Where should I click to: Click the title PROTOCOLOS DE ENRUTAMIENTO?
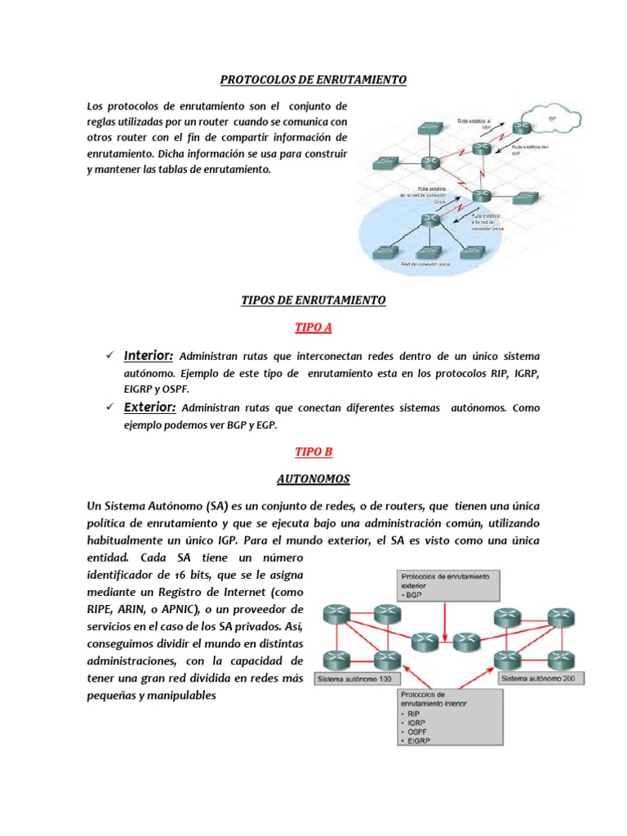(313, 80)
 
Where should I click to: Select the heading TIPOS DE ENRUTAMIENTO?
(313, 300)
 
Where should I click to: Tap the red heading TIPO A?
(313, 328)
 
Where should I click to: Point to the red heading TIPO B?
(313, 451)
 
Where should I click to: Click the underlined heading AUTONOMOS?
(313, 479)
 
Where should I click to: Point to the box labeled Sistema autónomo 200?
(538, 678)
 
